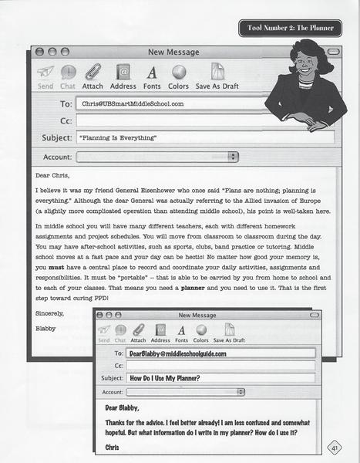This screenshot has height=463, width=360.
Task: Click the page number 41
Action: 335,448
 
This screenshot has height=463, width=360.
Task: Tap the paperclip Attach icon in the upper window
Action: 93,73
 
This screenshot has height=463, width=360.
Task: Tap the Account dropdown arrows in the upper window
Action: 234,156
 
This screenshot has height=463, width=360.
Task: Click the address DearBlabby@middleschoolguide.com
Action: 177,353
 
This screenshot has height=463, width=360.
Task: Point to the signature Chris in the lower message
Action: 113,447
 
